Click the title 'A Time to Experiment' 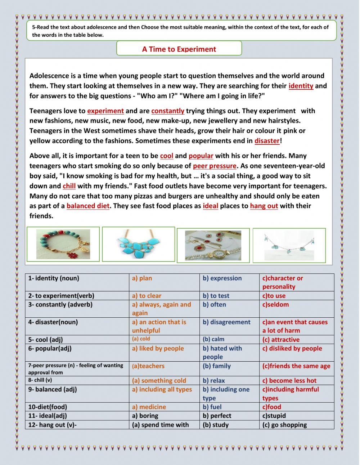179,49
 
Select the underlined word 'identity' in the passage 301,86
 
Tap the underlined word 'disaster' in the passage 267,141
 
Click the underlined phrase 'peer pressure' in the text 215,166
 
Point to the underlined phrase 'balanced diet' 88,206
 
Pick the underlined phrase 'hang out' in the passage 264,206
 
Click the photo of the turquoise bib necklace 139,244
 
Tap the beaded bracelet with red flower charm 63,244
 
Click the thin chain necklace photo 289,245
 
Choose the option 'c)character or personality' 283,282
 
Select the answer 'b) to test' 216,296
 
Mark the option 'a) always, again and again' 161,309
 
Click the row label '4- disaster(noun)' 53,322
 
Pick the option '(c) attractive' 281,340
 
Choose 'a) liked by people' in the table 158,349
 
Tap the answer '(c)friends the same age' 296,366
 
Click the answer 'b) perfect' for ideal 217,416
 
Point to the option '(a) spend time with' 160,425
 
